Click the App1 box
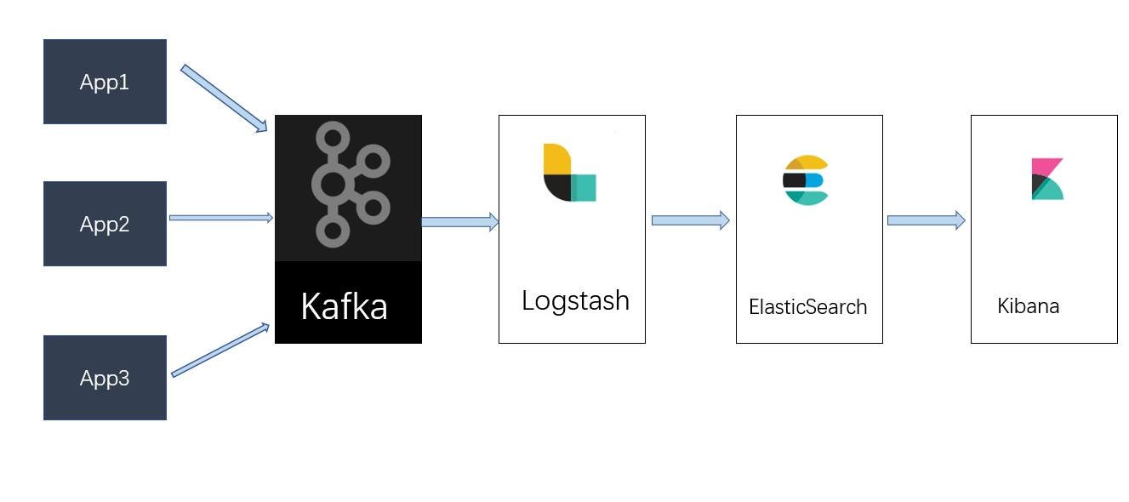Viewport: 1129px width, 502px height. pyautogui.click(x=105, y=82)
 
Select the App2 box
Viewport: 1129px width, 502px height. pyautogui.click(x=105, y=224)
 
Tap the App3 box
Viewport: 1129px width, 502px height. pyautogui.click(x=105, y=377)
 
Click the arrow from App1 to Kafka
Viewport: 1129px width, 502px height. pyautogui.click(x=223, y=97)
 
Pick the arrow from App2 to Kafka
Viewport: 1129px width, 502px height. pyautogui.click(x=220, y=218)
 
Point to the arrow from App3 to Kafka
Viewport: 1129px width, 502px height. pyautogui.click(x=220, y=350)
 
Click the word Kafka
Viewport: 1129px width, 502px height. pyautogui.click(x=345, y=305)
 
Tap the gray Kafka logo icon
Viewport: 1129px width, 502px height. pyautogui.click(x=347, y=185)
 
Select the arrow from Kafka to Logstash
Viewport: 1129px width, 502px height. pyautogui.click(x=459, y=222)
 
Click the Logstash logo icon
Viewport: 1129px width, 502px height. pyautogui.click(x=569, y=173)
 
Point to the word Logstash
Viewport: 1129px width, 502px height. pyautogui.click(x=575, y=300)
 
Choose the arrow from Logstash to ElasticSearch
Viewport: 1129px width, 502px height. pyautogui.click(x=690, y=220)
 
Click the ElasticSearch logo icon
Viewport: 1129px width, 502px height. pyautogui.click(x=805, y=180)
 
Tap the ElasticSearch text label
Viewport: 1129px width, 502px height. pyautogui.click(x=807, y=307)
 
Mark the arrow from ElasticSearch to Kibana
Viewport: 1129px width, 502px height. pyautogui.click(x=926, y=220)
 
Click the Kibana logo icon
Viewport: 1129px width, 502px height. pyautogui.click(x=1047, y=179)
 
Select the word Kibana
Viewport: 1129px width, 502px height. pyautogui.click(x=1028, y=306)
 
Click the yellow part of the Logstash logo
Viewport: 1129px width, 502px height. pyautogui.click(x=556, y=160)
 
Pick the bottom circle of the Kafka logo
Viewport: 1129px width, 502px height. pyautogui.click(x=333, y=231)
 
